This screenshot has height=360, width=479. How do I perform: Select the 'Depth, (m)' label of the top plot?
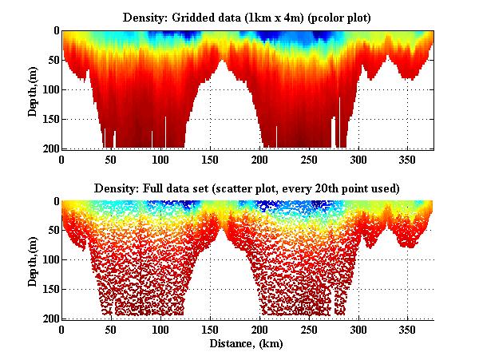33,89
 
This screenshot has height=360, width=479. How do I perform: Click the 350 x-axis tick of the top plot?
407,159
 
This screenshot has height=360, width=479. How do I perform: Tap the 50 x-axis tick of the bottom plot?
112,330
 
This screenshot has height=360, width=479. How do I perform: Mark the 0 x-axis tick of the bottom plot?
62,330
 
